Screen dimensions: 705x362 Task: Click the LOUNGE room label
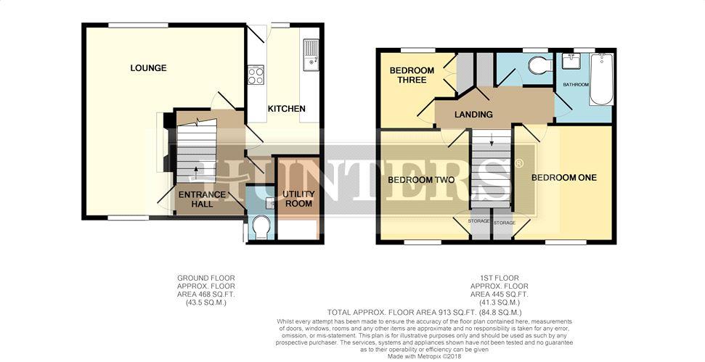click(148, 67)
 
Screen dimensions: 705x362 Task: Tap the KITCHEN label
click(286, 109)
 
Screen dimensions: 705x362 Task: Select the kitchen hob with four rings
click(256, 75)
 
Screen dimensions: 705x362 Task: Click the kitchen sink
click(311, 55)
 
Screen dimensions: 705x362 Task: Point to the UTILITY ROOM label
click(299, 199)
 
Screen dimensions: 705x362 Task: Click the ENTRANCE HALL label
click(202, 199)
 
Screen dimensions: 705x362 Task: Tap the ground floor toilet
click(261, 226)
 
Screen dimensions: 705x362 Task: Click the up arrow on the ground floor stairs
click(196, 173)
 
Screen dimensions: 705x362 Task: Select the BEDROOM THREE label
click(412, 75)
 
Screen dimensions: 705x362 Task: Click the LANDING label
click(473, 115)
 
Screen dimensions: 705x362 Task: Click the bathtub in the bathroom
click(600, 79)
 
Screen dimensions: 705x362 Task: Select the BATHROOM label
click(576, 84)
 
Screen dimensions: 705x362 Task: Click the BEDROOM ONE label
click(564, 178)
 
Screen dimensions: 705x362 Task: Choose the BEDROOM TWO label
click(421, 180)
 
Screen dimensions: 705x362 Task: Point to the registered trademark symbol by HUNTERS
click(518, 163)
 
